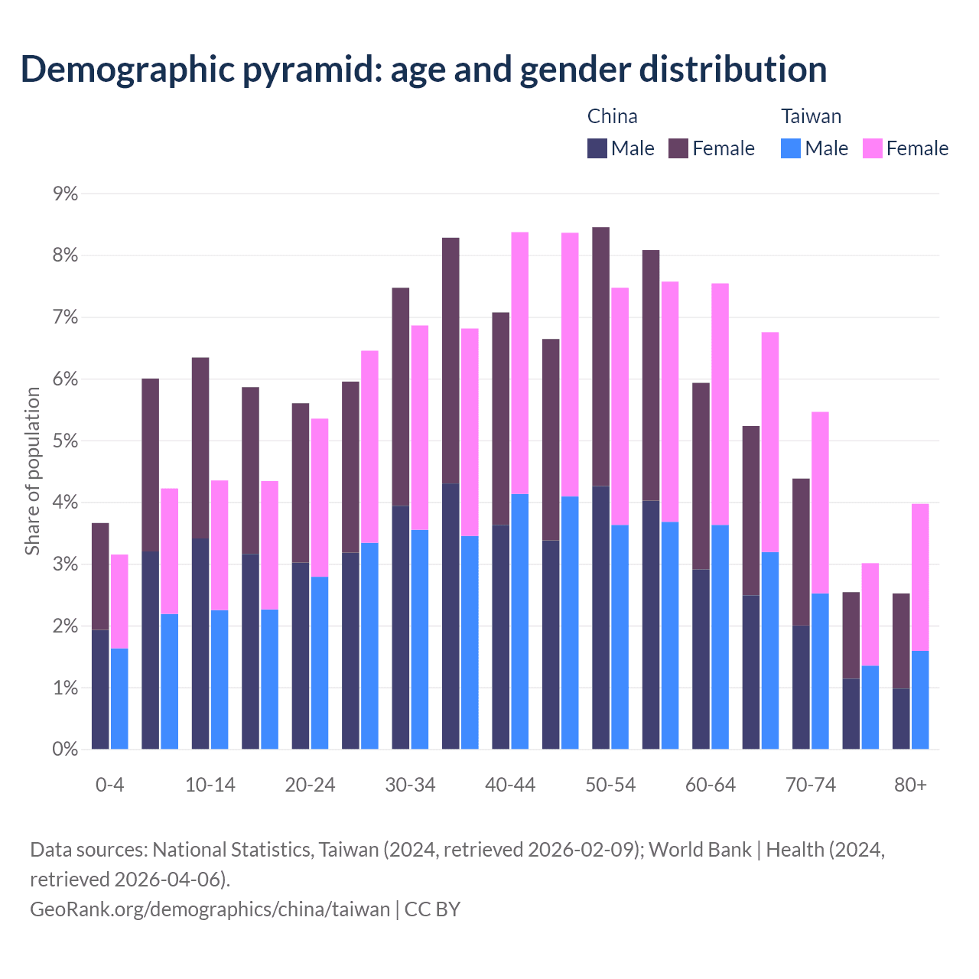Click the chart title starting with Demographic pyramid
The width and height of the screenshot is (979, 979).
(x=424, y=69)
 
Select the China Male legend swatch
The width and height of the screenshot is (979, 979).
(x=597, y=148)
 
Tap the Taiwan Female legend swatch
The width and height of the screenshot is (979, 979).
(x=873, y=148)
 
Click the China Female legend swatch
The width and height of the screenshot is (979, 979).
(x=678, y=148)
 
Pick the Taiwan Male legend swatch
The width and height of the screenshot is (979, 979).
(x=791, y=148)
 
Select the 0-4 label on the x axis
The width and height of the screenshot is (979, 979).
(x=109, y=785)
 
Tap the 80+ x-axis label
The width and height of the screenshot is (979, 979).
(x=910, y=785)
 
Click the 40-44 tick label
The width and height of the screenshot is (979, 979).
(x=510, y=785)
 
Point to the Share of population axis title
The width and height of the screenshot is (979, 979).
(x=32, y=471)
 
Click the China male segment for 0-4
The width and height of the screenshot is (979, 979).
(x=100, y=689)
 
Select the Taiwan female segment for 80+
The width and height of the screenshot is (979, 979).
(x=920, y=577)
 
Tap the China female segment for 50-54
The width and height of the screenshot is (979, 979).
(x=601, y=356)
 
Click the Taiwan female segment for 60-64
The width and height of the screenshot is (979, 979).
(x=720, y=404)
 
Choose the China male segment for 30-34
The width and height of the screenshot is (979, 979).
(x=401, y=627)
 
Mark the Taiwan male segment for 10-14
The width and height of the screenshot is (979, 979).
(x=220, y=679)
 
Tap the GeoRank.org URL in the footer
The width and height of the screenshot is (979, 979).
(x=210, y=909)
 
